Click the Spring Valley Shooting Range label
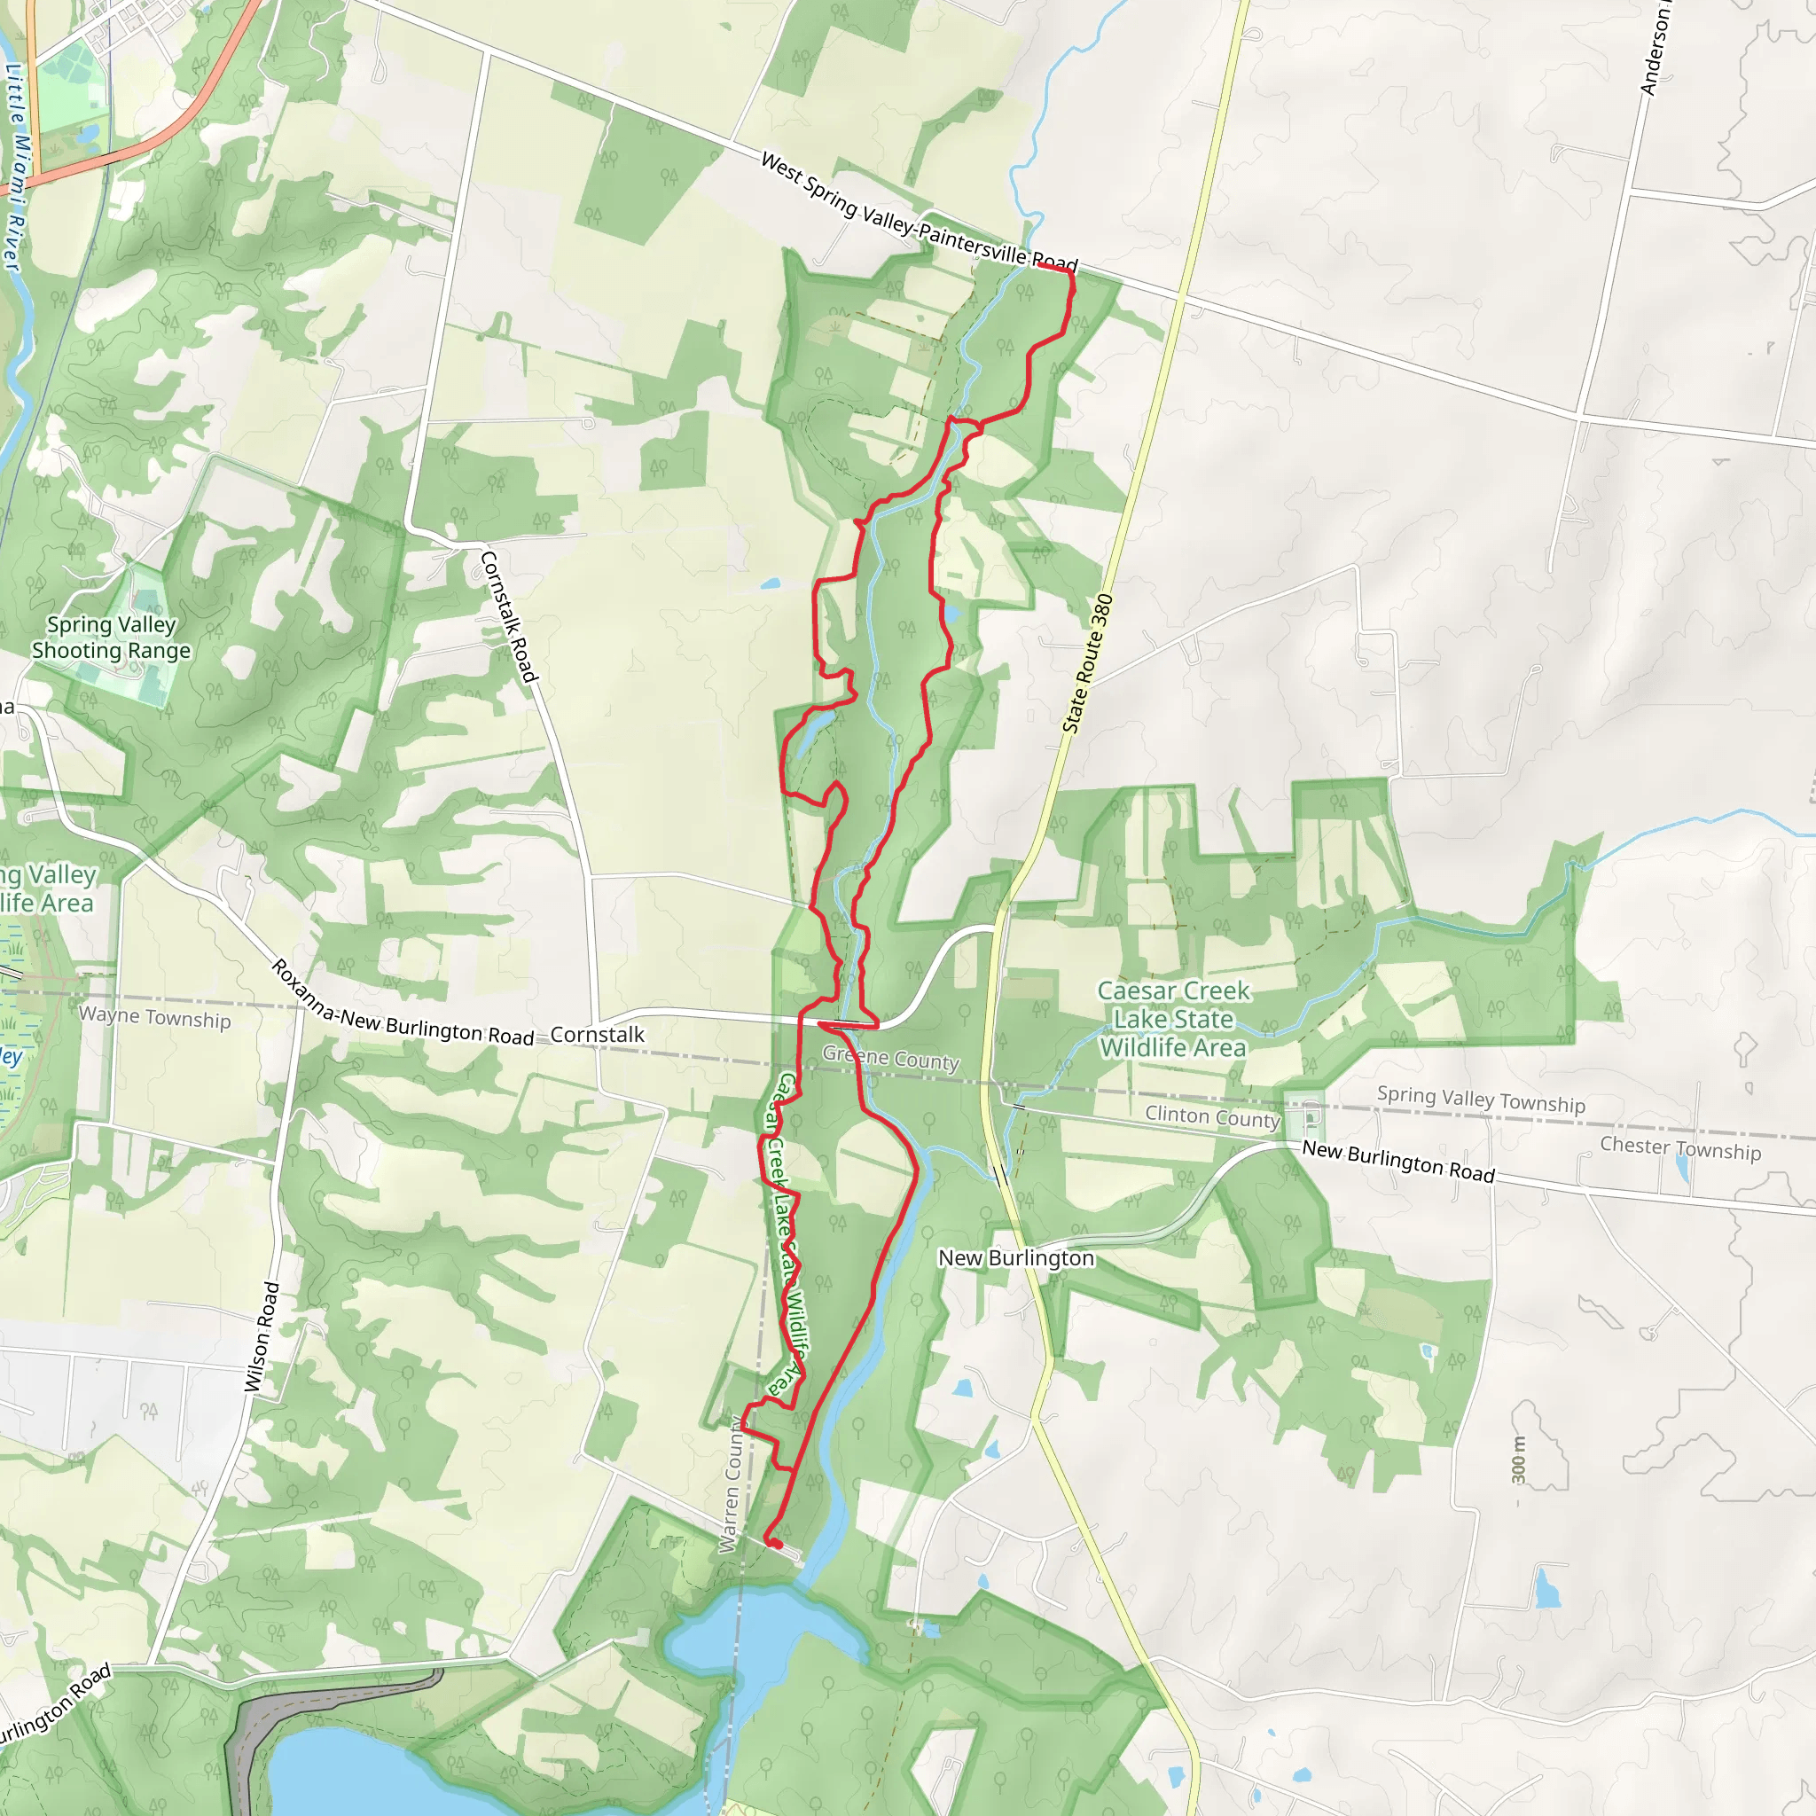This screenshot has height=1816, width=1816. [x=111, y=638]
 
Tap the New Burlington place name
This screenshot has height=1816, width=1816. [x=1016, y=1257]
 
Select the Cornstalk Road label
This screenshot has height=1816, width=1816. [x=507, y=616]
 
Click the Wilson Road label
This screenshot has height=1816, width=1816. [x=262, y=1335]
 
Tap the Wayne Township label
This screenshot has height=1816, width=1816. [x=155, y=1017]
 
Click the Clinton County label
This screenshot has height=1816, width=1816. [x=1211, y=1115]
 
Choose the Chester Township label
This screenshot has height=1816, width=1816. [x=1680, y=1147]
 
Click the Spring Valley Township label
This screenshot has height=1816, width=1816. [x=1481, y=1098]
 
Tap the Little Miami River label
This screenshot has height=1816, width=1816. [x=15, y=168]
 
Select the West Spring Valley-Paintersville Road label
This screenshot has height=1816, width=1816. [x=919, y=213]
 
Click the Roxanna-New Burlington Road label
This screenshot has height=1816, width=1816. [x=403, y=1005]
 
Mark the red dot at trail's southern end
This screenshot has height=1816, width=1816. [x=777, y=1544]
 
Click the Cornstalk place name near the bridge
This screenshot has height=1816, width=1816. [x=597, y=1034]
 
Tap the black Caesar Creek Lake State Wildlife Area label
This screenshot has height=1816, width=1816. [x=1173, y=1019]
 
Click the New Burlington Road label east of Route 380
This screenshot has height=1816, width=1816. [x=1397, y=1161]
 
